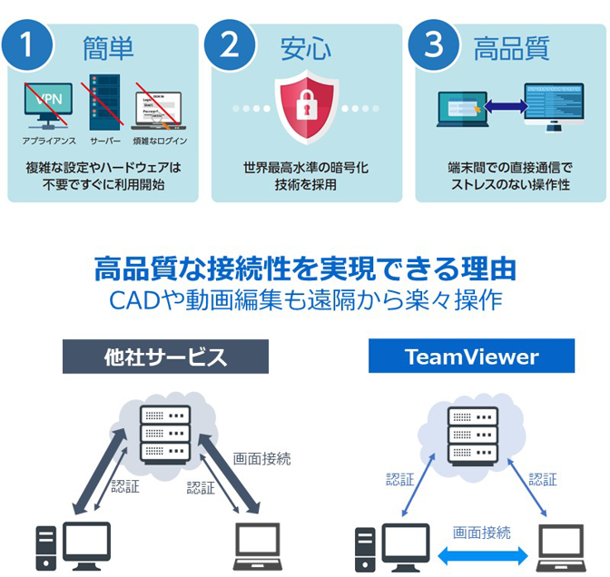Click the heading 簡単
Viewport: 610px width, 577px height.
pyautogui.click(x=107, y=47)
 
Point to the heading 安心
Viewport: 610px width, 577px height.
pyautogui.click(x=306, y=47)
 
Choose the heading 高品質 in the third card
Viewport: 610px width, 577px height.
pyautogui.click(x=512, y=47)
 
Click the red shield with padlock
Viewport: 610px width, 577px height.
pyautogui.click(x=306, y=109)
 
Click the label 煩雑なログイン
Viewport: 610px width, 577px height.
pyautogui.click(x=160, y=142)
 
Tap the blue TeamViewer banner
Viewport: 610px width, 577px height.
pyautogui.click(x=471, y=357)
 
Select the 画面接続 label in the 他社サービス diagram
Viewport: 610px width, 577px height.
pyautogui.click(x=262, y=459)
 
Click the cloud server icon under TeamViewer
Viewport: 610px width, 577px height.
pyautogui.click(x=472, y=435)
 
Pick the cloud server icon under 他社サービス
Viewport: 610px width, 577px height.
pyautogui.click(x=165, y=435)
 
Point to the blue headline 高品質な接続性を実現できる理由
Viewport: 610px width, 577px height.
pyautogui.click(x=306, y=269)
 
